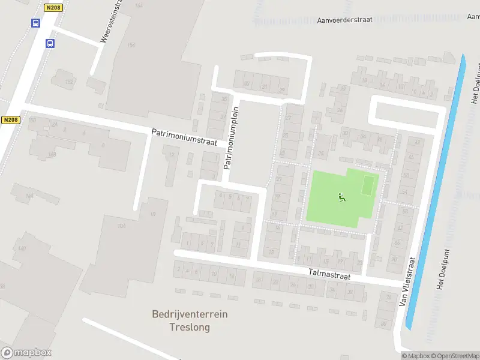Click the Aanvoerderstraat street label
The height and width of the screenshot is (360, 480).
click(x=344, y=19)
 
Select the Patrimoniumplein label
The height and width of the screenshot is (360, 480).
click(x=232, y=137)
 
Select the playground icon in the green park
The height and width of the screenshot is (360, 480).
click(x=342, y=196)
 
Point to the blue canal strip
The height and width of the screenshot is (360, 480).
click(x=435, y=192)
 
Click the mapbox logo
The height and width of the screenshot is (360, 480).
click(x=26, y=353)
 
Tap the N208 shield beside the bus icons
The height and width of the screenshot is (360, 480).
click(x=53, y=7)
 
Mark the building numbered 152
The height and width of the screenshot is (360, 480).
click(x=70, y=82)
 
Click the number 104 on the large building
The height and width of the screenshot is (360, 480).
click(x=122, y=226)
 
